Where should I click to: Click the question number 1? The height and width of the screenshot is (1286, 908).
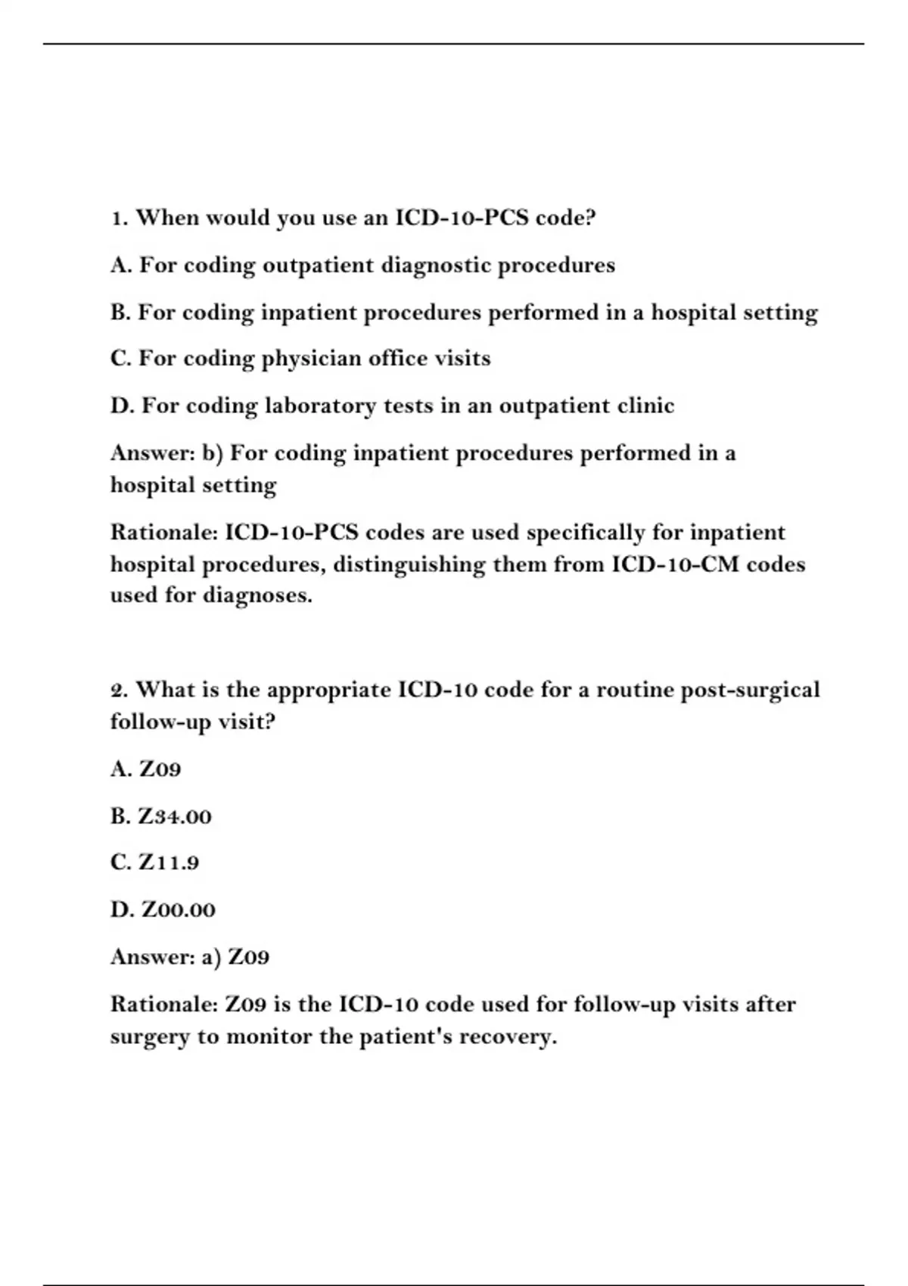118,219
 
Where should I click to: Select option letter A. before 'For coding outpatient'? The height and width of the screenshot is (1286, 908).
121,266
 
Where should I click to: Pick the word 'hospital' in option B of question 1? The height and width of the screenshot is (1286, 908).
692,312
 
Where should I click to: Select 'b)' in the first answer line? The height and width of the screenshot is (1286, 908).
212,453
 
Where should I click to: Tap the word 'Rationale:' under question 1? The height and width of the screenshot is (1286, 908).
163,533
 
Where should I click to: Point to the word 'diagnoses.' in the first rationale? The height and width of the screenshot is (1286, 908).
257,595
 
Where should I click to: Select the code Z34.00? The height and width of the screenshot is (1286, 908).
174,817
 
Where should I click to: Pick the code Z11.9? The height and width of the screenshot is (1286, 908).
168,863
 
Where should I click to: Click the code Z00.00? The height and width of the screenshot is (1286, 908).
178,910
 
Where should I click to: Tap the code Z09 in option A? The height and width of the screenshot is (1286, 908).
160,769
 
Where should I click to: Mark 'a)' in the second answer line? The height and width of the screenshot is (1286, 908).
211,958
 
